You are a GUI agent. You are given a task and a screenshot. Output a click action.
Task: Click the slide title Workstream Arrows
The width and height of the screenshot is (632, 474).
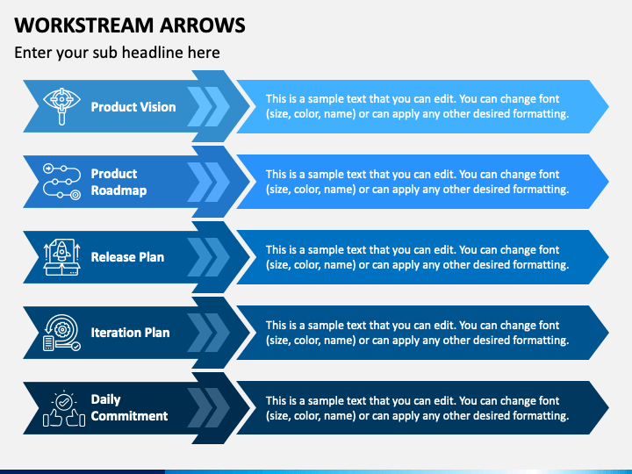tap(130, 25)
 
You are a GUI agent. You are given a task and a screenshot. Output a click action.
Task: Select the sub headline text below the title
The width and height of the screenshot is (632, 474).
tap(117, 53)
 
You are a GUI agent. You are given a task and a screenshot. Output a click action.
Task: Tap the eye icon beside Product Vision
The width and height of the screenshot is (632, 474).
tap(61, 106)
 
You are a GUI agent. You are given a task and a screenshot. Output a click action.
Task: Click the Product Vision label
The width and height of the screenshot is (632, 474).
tap(133, 107)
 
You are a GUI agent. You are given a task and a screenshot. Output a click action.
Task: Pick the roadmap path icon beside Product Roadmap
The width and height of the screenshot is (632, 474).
tap(61, 182)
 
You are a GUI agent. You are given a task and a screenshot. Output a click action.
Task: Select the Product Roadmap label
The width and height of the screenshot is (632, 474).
tap(118, 182)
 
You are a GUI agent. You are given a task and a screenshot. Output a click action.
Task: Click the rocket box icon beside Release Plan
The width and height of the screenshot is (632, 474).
tap(61, 257)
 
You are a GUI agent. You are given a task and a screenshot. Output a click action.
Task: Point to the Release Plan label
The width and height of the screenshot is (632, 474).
tap(127, 257)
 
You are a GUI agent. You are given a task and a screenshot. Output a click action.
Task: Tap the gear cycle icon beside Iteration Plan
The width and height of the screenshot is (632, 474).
tap(61, 333)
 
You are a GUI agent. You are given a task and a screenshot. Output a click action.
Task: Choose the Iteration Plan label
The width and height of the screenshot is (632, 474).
tap(130, 333)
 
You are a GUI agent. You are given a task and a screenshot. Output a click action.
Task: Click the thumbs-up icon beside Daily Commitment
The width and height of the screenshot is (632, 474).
tap(64, 408)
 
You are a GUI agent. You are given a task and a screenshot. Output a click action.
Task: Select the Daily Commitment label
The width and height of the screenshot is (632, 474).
tap(129, 407)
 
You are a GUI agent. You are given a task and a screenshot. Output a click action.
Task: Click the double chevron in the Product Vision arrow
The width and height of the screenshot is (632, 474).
tap(208, 107)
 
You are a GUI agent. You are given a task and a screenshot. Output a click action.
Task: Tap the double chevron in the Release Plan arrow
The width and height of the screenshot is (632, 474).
tap(208, 257)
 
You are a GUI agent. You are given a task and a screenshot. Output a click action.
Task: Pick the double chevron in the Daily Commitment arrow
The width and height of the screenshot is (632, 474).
tap(208, 408)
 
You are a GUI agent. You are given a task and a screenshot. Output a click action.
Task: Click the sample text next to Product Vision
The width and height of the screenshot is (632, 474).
tap(417, 106)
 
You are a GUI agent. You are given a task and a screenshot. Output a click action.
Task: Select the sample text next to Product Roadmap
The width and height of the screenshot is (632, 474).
tap(417, 182)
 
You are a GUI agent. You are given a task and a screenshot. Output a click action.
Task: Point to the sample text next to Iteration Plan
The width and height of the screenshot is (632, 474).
tap(417, 333)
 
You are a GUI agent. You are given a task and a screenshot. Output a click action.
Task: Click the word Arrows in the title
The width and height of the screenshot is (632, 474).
tap(203, 25)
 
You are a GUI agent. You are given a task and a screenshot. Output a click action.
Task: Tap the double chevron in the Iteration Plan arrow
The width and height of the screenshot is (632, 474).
tap(208, 333)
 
